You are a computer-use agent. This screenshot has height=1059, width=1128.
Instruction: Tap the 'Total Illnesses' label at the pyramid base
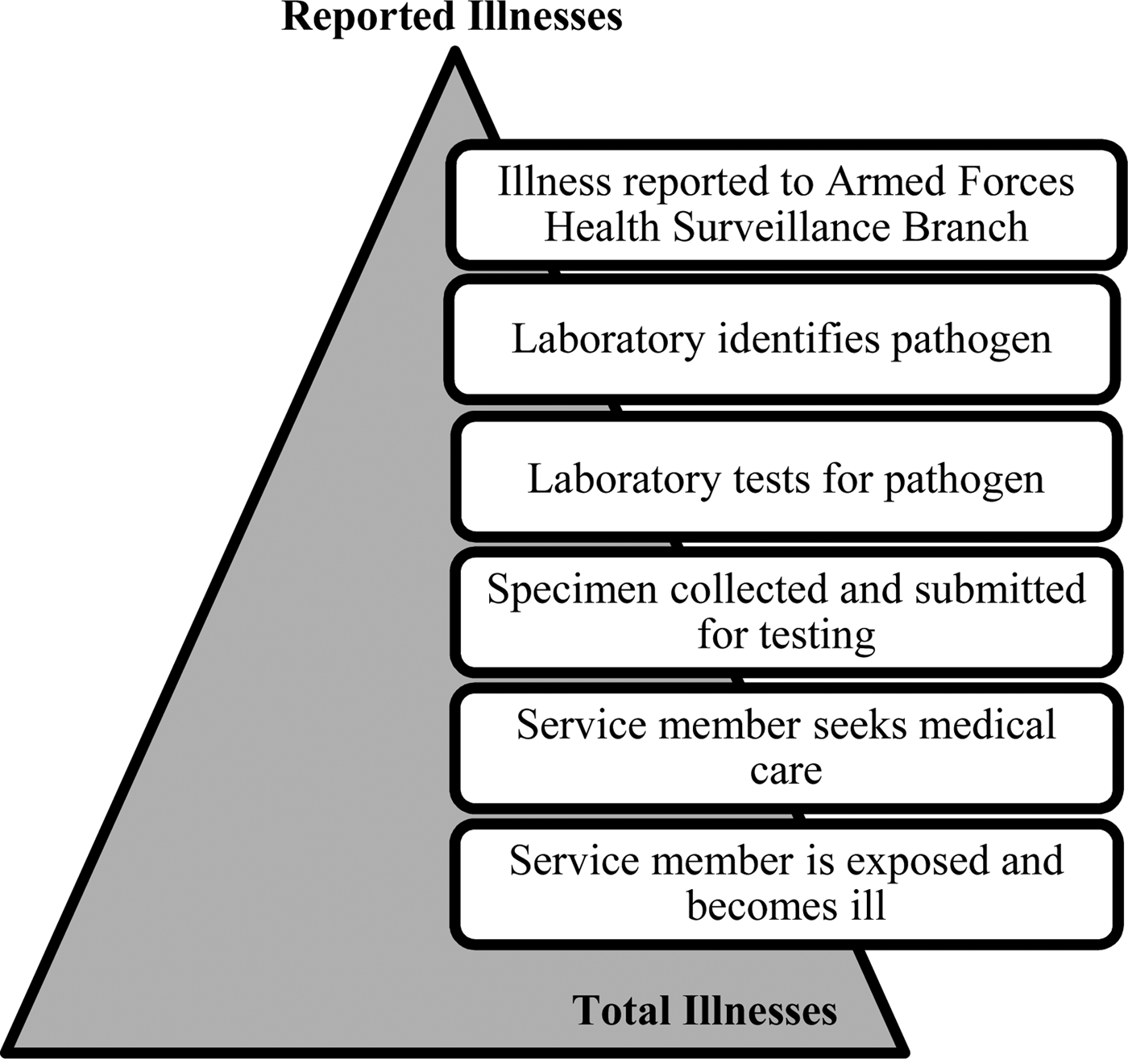705,1011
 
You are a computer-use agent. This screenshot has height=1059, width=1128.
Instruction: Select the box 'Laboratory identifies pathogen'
782,339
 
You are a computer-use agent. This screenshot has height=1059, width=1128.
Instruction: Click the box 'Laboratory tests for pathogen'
786,479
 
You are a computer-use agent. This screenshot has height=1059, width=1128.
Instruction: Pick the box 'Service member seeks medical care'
786,747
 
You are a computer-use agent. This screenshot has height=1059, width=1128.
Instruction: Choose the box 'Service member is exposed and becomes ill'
786,883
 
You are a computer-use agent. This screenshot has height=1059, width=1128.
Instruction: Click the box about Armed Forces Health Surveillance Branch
786,204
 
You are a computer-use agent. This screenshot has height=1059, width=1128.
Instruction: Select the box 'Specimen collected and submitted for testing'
786,611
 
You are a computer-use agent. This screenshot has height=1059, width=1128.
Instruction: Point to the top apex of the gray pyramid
455,55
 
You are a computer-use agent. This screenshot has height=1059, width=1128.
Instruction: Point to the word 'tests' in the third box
773,480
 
